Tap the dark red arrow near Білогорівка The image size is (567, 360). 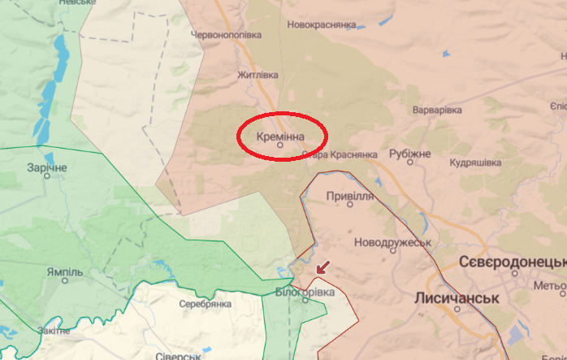pyautogui.click(x=323, y=266)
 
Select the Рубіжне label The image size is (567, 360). pyautogui.click(x=409, y=153)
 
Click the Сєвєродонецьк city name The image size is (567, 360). pyautogui.click(x=512, y=262)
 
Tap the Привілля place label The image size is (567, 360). pyautogui.click(x=349, y=197)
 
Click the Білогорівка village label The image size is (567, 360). pyautogui.click(x=305, y=291)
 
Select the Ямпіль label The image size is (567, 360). pyautogui.click(x=63, y=271)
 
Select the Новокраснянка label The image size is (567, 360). pyautogui.click(x=322, y=25)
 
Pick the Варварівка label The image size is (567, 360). pyautogui.click(x=437, y=110)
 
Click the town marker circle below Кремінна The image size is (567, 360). pyautogui.click(x=280, y=148)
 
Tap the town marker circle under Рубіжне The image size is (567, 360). pyautogui.click(x=410, y=163)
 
